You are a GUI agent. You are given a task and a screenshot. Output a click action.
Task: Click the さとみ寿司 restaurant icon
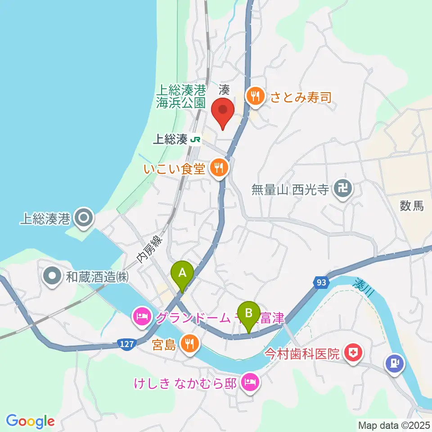click(255, 95)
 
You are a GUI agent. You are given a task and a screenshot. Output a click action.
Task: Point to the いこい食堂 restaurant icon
click(219, 168)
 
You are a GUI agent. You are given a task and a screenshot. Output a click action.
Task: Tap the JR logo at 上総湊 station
click(196, 139)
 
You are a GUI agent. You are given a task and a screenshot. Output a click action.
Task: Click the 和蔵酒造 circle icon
click(52, 276)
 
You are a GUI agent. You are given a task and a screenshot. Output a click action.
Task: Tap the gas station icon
click(394, 363)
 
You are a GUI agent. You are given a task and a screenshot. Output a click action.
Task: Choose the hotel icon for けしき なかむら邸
click(249, 383)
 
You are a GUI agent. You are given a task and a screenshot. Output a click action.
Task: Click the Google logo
click(31, 421)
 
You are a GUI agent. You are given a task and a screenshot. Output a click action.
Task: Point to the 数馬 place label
click(411, 206)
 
